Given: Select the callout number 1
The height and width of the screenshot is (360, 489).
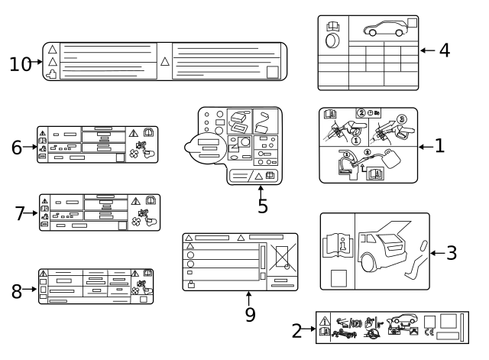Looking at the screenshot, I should click(439, 144).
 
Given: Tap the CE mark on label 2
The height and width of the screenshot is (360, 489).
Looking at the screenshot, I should click(429, 332).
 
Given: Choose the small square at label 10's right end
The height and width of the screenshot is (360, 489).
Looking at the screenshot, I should click(273, 72).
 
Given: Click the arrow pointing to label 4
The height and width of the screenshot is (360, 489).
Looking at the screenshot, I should click(428, 51).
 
